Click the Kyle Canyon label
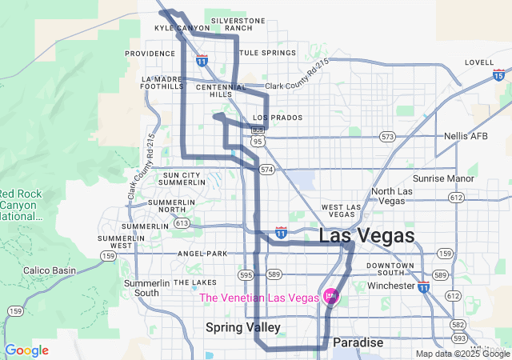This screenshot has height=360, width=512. (x=182, y=28)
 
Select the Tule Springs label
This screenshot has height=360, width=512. (x=267, y=53)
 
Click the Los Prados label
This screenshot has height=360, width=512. (x=278, y=118)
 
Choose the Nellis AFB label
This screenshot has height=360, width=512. (x=466, y=136)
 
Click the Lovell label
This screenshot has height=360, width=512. (x=479, y=62)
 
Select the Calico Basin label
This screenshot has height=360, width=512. (x=50, y=270)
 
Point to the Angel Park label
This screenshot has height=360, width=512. (x=203, y=254)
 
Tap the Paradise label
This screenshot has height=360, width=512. (x=358, y=342)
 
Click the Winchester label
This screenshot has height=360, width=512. (x=392, y=286)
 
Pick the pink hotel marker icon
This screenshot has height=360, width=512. (x=330, y=297)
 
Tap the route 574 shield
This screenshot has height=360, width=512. (x=266, y=170)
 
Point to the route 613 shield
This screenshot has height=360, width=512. (x=182, y=223)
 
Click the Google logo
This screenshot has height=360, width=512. (x=27, y=350)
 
